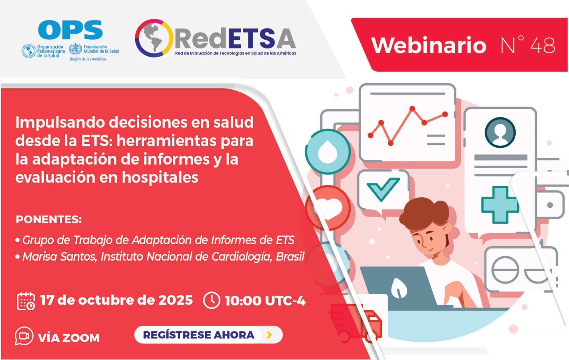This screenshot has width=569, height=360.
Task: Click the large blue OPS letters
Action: coord(71,30)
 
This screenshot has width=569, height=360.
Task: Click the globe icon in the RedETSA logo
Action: coord(154,38)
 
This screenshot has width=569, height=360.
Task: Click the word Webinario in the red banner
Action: coord(428,45)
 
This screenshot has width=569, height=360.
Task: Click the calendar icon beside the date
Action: coord(26,301)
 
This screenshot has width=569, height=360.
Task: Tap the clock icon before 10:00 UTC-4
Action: coord(212,300)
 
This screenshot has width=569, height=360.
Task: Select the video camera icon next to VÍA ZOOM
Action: coord(24,336)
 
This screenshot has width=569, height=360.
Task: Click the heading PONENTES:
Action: coord(48,219)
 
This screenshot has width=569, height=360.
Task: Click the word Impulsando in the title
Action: coord(59,122)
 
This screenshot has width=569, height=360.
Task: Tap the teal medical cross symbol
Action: coord(500,205)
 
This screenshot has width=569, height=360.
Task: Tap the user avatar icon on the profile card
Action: coord(500,132)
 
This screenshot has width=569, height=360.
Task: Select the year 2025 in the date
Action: coord(176,300)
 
